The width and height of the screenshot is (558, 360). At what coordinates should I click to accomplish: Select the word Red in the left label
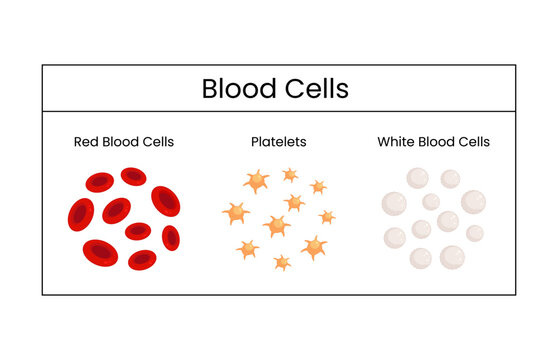[x=86, y=142]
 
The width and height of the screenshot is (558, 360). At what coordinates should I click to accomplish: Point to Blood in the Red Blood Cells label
[x=119, y=142]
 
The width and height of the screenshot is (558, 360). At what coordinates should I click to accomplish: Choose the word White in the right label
[x=396, y=142]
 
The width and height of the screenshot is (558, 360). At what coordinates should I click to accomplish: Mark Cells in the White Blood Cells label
[x=474, y=142]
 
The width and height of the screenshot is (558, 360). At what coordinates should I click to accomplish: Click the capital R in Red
[x=78, y=142]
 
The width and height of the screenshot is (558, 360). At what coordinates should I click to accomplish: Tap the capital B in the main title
[x=210, y=88]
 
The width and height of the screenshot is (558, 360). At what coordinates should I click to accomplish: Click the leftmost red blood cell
[x=81, y=213]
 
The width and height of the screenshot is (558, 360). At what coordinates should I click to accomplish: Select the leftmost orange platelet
[x=236, y=212]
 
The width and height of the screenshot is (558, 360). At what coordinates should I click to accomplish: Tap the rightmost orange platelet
[x=326, y=217]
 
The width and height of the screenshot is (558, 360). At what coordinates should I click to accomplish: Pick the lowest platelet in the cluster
[x=283, y=262]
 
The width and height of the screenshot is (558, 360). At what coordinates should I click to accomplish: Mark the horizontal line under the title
[x=279, y=109]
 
